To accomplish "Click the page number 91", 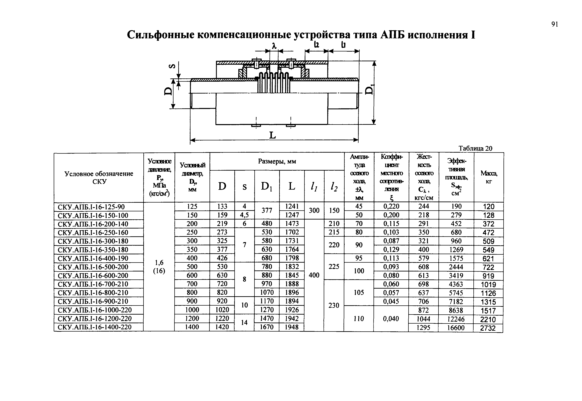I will [x=555, y=24].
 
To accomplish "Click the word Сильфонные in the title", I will [x=160, y=35].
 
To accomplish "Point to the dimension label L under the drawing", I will [x=273, y=136].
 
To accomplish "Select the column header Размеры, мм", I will [x=277, y=161].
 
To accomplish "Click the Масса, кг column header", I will [x=489, y=177].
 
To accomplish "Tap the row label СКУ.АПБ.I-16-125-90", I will [x=91, y=207].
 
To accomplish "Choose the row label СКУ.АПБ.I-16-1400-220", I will [x=95, y=327].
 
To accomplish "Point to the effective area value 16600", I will [x=456, y=328].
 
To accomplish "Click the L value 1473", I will [x=292, y=224].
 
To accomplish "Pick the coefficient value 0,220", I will [x=391, y=207].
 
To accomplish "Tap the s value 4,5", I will [x=244, y=215].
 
